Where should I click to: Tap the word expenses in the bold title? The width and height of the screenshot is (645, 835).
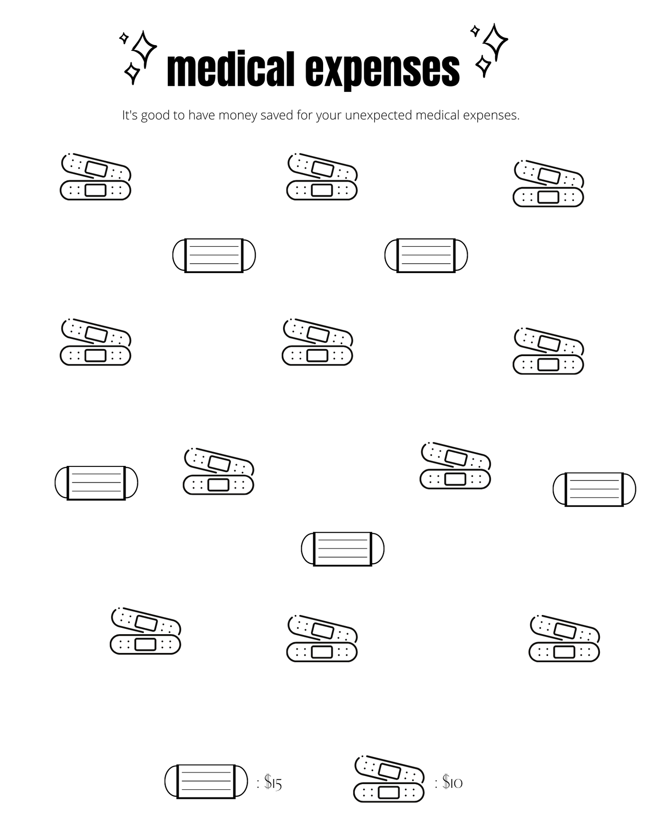(383, 71)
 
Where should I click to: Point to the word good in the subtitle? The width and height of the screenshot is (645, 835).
(155, 116)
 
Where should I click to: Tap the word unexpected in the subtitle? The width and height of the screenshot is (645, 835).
(379, 116)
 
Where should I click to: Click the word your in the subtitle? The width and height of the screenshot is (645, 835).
(329, 116)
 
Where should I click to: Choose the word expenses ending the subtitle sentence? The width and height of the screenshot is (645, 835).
(491, 116)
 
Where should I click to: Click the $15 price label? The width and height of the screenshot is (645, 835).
(273, 782)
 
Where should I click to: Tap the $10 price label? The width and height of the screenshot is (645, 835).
(452, 782)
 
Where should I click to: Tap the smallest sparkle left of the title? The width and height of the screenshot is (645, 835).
(124, 38)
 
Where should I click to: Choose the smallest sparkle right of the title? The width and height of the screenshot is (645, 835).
(475, 31)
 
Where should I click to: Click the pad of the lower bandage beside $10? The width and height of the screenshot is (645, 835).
(388, 792)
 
